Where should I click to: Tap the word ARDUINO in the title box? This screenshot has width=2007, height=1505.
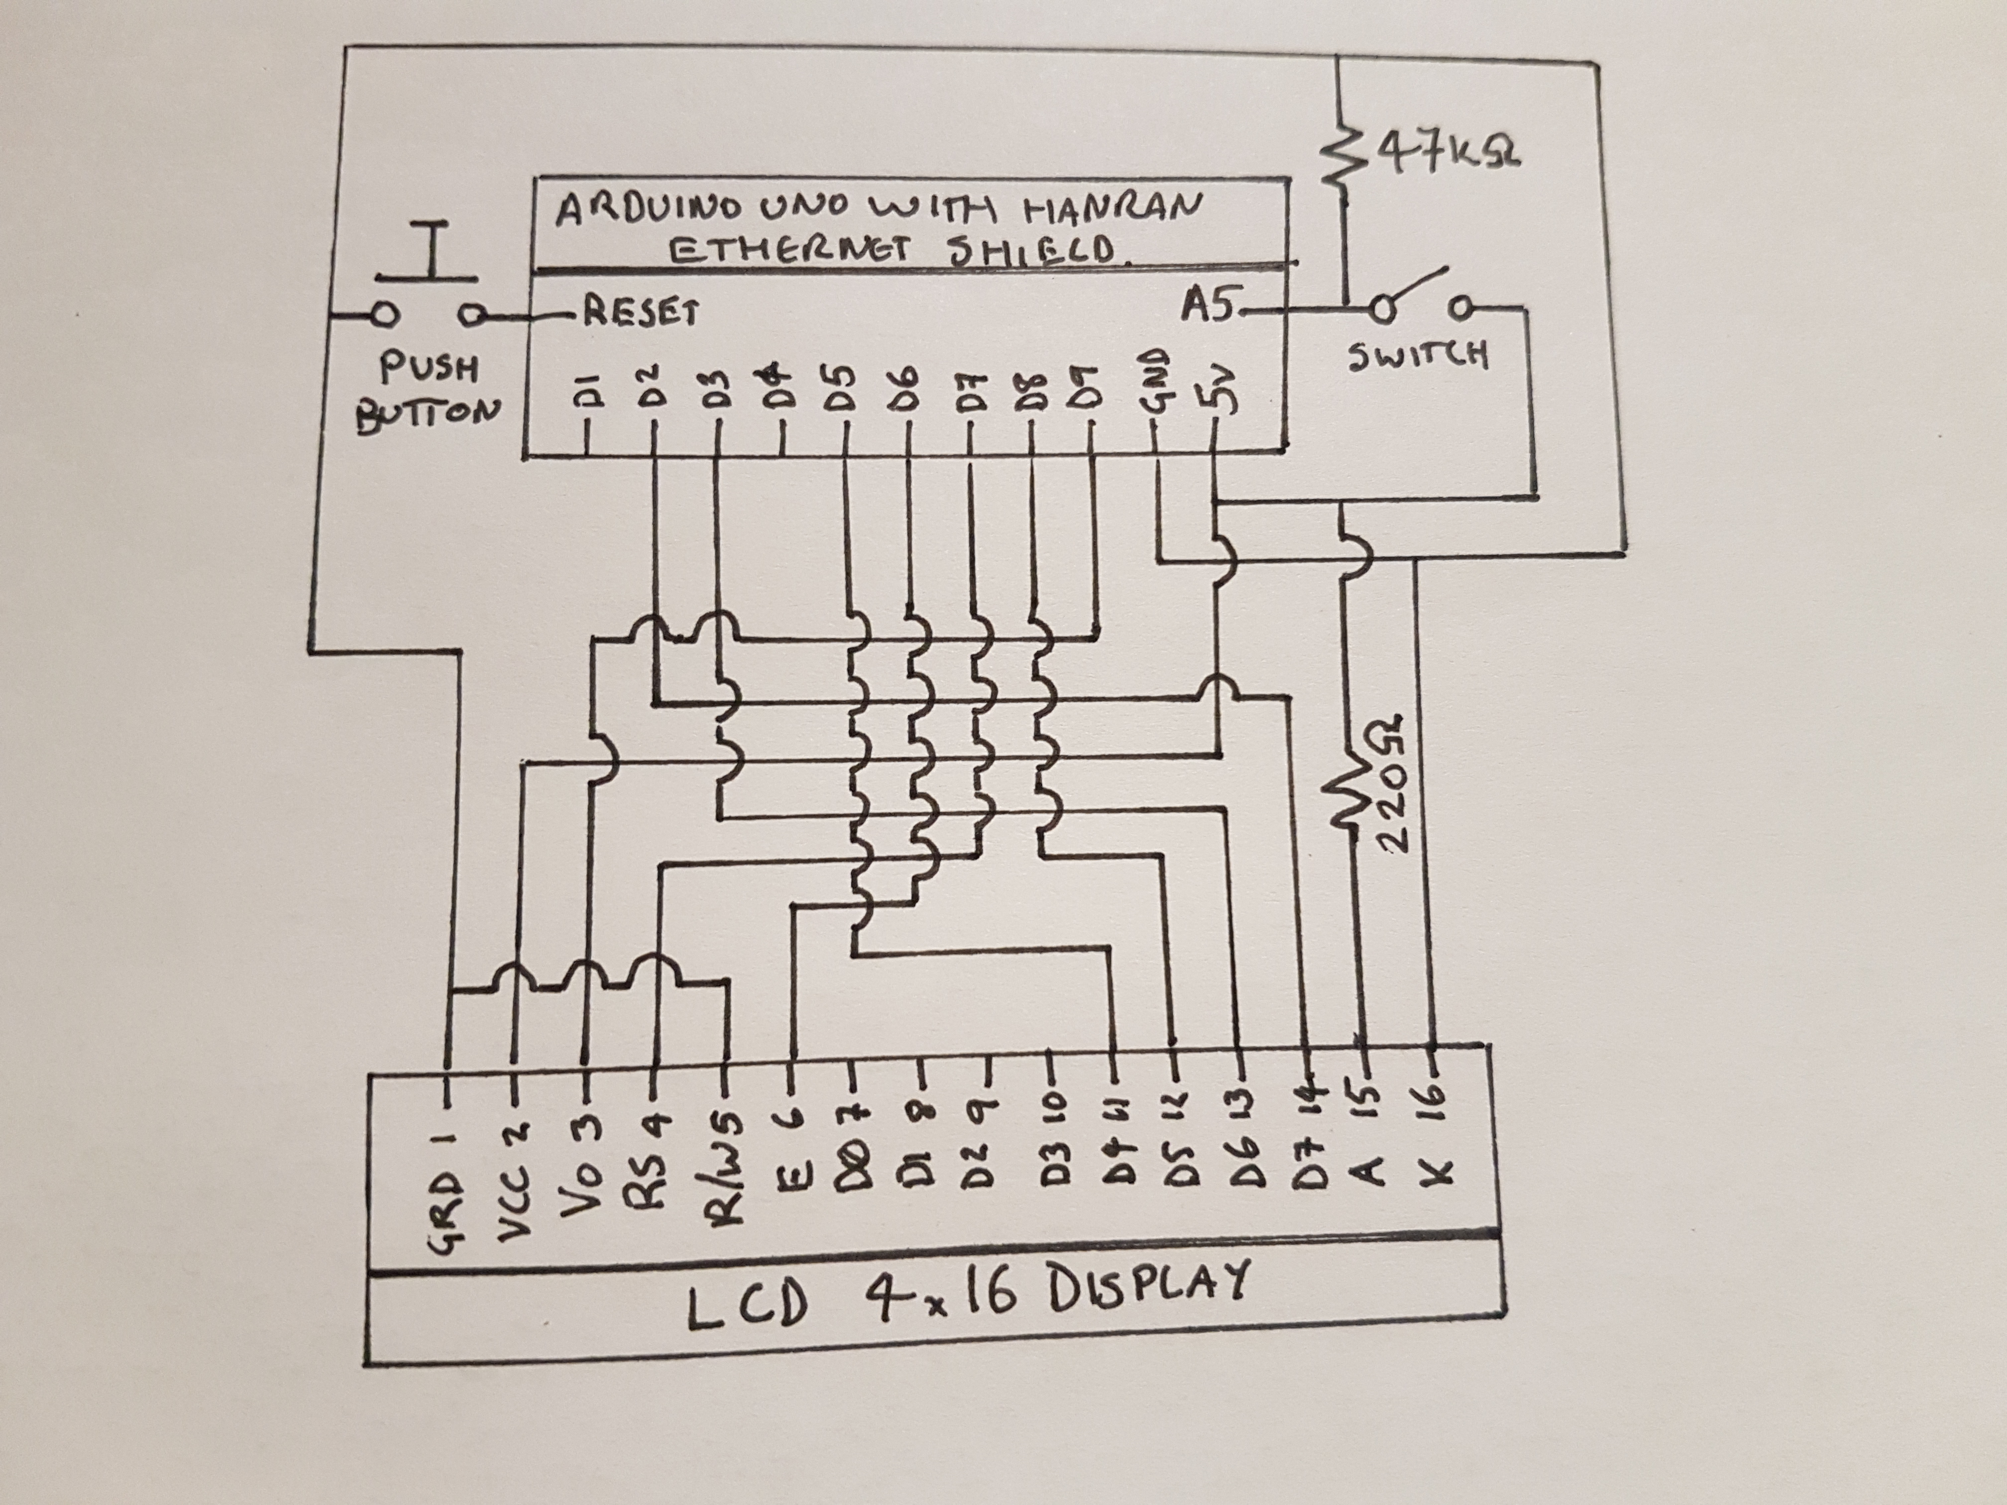click(650, 211)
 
